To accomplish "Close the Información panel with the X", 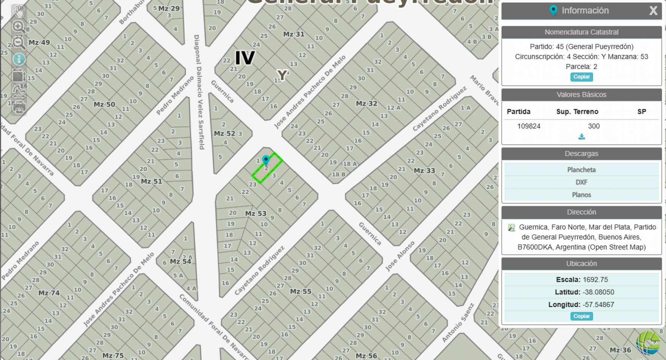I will (x=653, y=11).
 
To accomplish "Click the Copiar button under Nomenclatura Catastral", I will (x=582, y=77).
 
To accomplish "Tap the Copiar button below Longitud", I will (x=582, y=316).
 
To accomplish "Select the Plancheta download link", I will (x=581, y=170).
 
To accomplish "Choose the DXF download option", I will (x=581, y=182).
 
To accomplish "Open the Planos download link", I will (x=581, y=195).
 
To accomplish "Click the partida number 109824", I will (x=528, y=126).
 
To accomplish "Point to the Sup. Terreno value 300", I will (x=594, y=126).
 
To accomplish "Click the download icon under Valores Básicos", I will (x=582, y=137).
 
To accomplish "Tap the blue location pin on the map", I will (x=266, y=160).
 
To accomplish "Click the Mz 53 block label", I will (x=255, y=213).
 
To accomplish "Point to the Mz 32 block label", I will (x=366, y=103).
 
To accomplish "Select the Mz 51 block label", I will (x=151, y=182).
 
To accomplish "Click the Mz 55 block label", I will (x=300, y=291).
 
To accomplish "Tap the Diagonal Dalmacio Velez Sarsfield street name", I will (x=199, y=92).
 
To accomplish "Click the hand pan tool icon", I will (x=19, y=12).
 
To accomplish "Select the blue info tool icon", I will (x=19, y=59).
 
